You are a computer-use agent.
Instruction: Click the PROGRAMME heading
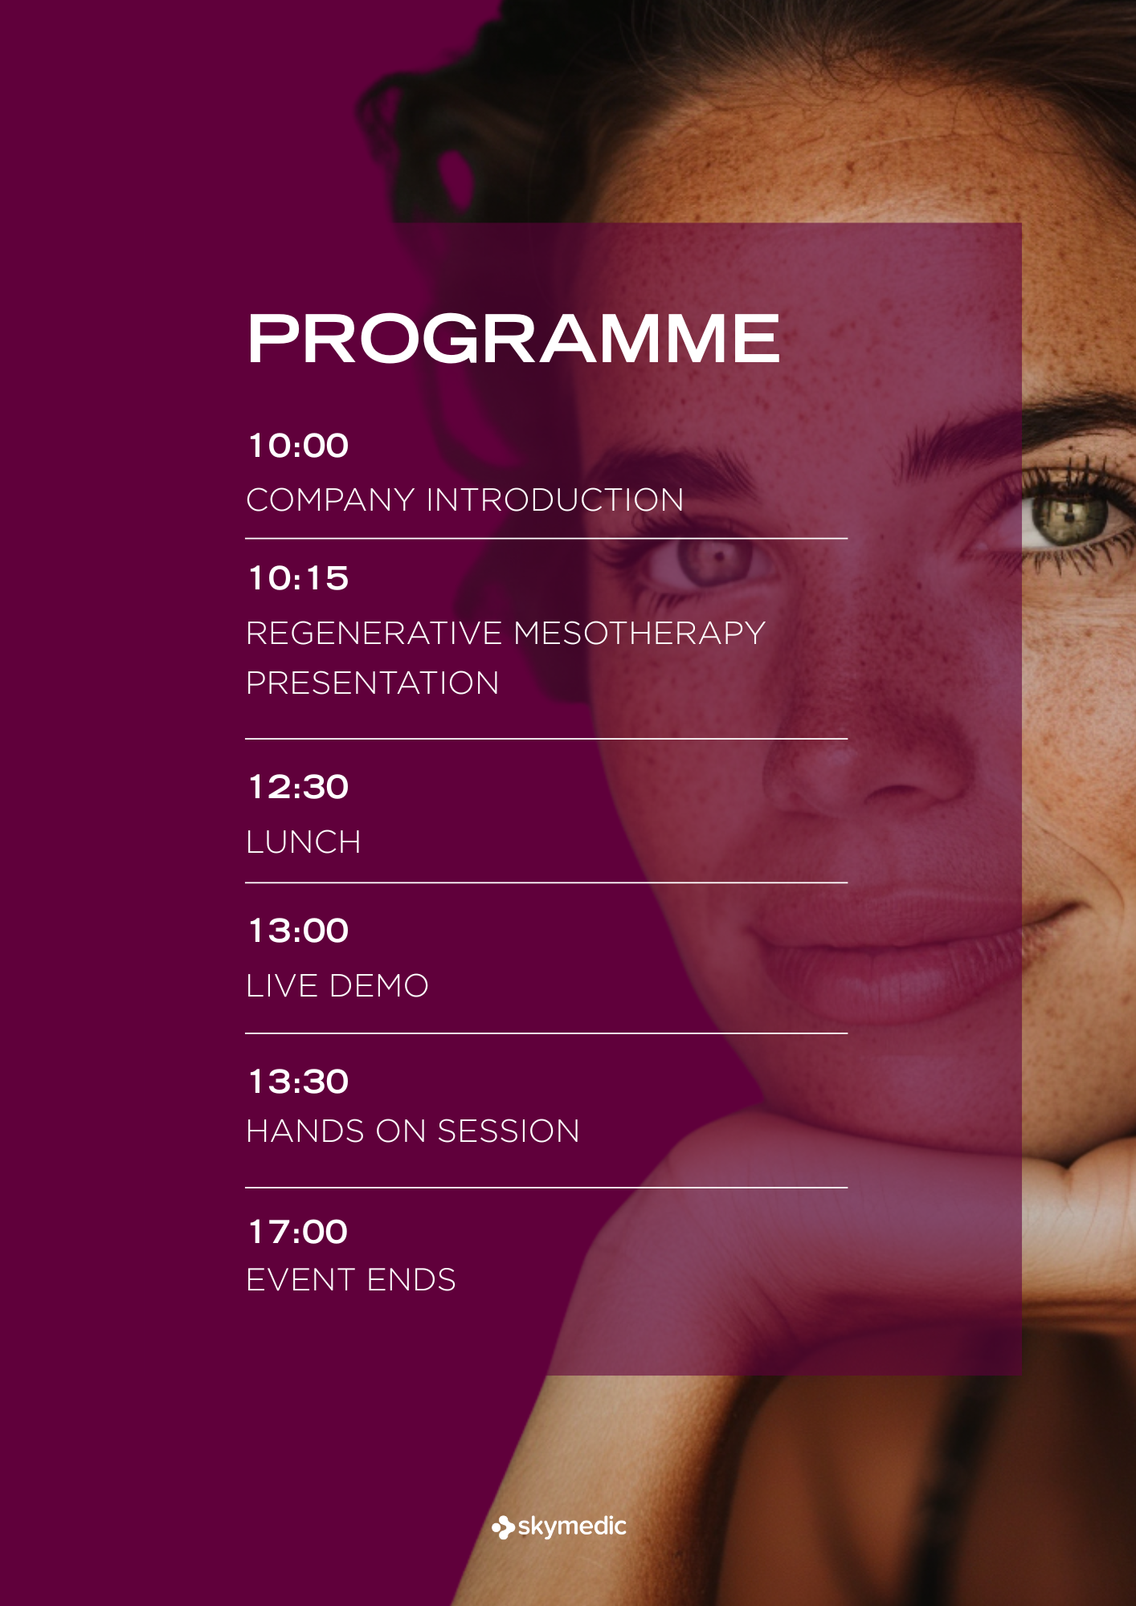(x=513, y=338)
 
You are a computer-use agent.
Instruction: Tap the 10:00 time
(x=298, y=446)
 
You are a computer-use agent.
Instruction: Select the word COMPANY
(x=330, y=500)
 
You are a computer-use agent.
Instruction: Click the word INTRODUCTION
(x=555, y=500)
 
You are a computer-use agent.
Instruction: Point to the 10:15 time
(x=298, y=578)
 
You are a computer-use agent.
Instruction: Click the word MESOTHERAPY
(x=640, y=634)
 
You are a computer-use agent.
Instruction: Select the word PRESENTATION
(x=373, y=683)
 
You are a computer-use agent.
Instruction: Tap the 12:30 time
(x=298, y=787)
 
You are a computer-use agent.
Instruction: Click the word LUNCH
(x=304, y=842)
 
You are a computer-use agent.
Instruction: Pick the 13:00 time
(x=298, y=931)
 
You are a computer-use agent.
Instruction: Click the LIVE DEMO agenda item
(x=337, y=986)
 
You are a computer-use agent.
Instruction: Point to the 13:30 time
(x=298, y=1082)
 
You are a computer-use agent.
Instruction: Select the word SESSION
(x=509, y=1131)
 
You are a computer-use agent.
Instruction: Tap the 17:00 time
(x=298, y=1232)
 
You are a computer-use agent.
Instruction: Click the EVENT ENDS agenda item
(x=351, y=1280)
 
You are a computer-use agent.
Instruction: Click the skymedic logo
(x=559, y=1527)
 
